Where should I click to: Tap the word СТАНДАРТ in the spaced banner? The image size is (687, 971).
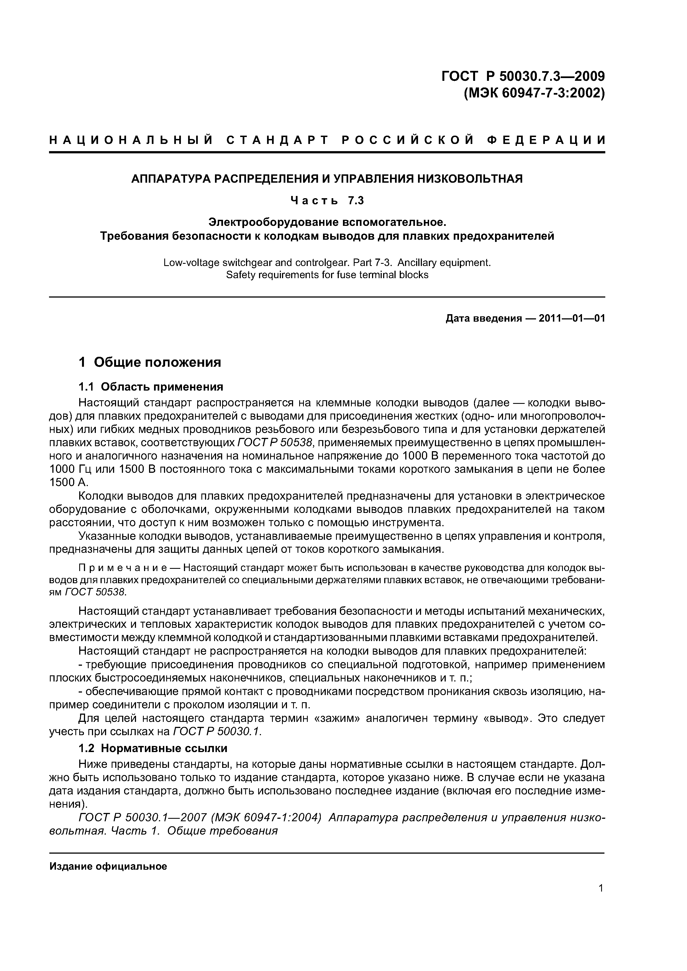coord(277,140)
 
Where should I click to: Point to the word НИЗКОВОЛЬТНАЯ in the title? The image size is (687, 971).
coord(470,179)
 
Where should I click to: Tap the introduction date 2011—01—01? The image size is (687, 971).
coord(571,318)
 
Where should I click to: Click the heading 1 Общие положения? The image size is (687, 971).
coord(150,362)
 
